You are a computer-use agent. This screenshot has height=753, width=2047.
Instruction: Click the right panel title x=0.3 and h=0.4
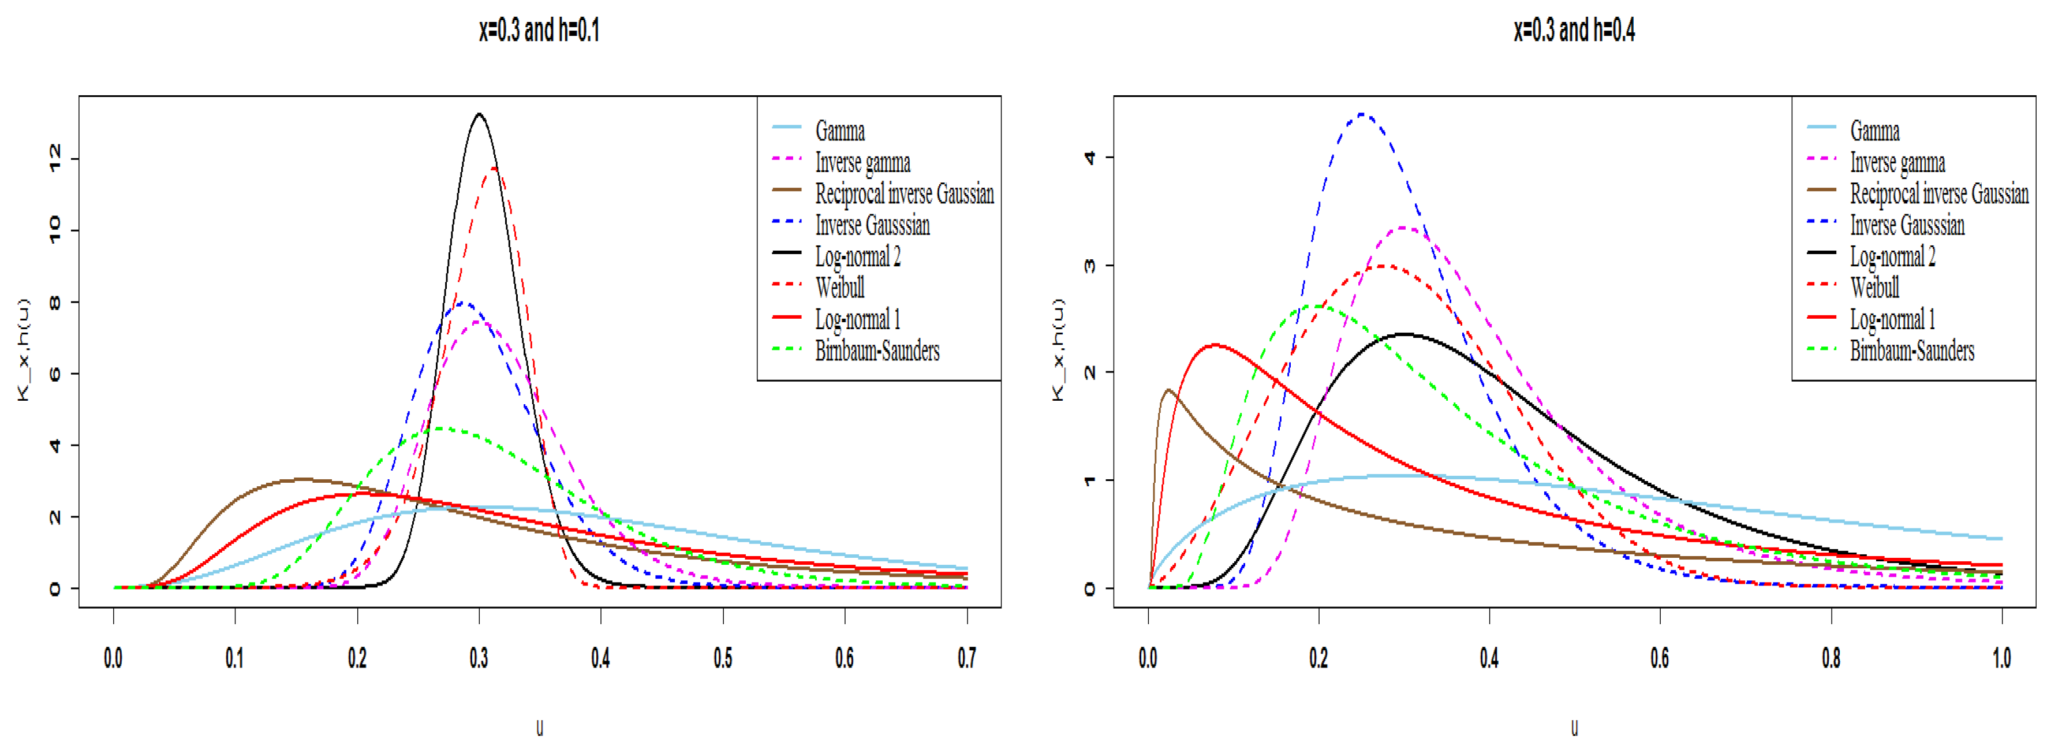(x=1574, y=30)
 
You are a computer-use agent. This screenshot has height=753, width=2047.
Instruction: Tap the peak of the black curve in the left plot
(x=479, y=114)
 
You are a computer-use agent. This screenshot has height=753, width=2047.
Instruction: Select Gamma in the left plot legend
(x=839, y=131)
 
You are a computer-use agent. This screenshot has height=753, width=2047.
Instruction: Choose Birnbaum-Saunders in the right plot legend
(x=1911, y=351)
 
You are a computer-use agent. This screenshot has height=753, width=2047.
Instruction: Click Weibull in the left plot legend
(x=839, y=287)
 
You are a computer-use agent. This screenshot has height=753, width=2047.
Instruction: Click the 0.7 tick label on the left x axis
(x=966, y=658)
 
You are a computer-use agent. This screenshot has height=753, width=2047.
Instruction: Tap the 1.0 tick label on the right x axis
(x=2001, y=658)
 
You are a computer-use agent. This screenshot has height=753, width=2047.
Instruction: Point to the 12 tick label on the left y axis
(x=54, y=159)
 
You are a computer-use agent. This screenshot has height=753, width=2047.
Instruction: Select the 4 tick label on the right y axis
(x=1089, y=158)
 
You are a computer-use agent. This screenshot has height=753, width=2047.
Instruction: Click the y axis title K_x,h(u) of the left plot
(x=23, y=350)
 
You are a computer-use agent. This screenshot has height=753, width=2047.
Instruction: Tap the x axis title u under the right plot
(x=1574, y=728)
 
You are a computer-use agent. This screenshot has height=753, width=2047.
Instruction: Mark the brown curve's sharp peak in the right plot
(x=1168, y=390)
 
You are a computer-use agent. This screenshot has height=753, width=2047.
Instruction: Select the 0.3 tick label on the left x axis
(x=479, y=658)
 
